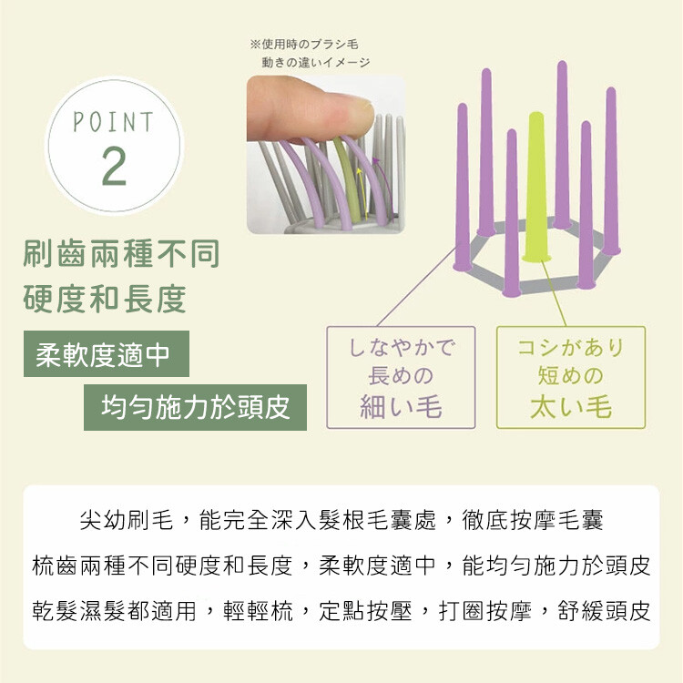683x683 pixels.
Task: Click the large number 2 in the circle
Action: point(114,166)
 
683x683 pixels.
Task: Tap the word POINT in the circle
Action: point(113,121)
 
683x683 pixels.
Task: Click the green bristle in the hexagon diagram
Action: point(536,188)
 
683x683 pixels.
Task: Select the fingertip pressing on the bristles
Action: point(311,109)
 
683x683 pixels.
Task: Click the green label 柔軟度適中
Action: point(107,353)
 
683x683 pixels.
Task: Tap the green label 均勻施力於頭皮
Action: point(195,407)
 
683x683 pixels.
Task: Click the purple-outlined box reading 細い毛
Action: point(401,377)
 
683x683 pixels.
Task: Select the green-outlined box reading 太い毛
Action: point(571,377)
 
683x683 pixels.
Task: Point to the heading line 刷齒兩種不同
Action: point(121,254)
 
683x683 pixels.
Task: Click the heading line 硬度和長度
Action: point(105,300)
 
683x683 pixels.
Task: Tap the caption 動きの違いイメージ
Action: point(316,62)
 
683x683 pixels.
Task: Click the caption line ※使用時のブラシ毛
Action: point(304,44)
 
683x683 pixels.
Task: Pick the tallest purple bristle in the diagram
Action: point(562,145)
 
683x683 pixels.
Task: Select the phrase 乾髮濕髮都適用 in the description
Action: point(114,611)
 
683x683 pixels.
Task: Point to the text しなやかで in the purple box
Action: point(402,347)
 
